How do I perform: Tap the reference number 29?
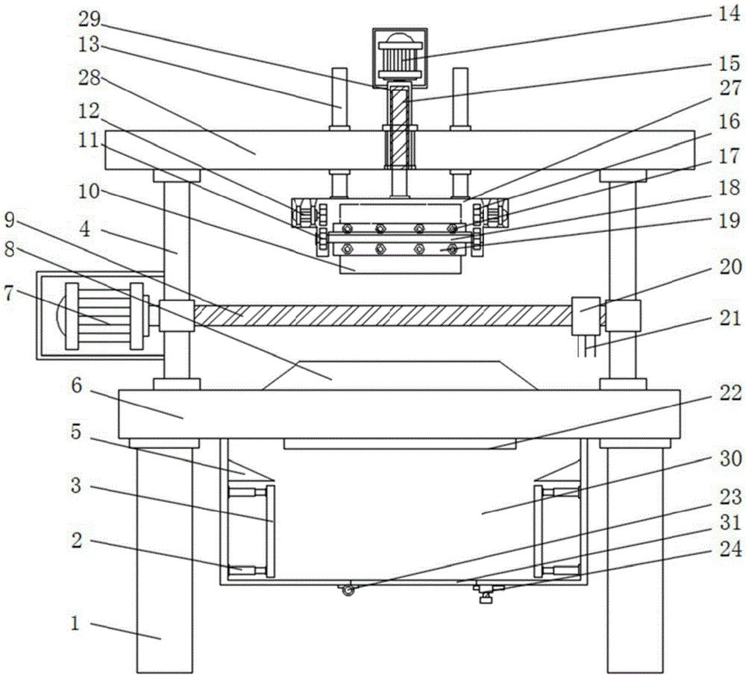point(90,19)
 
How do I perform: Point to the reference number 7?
point(9,294)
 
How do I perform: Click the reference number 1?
point(75,623)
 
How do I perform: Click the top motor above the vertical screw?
point(400,57)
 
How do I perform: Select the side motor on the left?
point(101,316)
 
